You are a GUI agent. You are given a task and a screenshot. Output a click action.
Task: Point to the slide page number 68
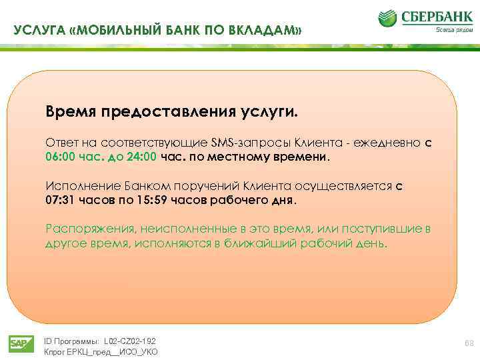coord(467,343)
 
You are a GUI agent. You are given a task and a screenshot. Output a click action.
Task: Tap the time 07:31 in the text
coord(59,200)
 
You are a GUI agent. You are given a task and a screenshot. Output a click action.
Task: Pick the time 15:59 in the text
coord(147,200)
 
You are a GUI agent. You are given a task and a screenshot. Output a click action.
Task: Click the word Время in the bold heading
coord(71,109)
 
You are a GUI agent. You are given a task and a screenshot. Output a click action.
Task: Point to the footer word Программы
coord(75,340)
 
